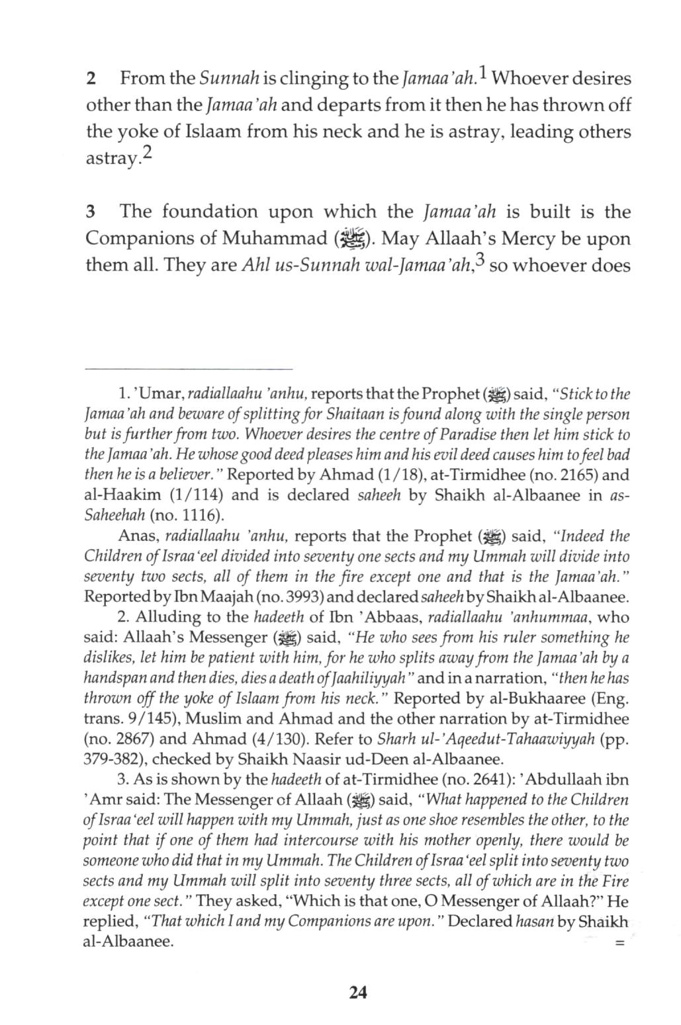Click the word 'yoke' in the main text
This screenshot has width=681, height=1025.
[x=136, y=132]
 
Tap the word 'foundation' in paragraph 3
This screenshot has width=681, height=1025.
[x=209, y=212]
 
